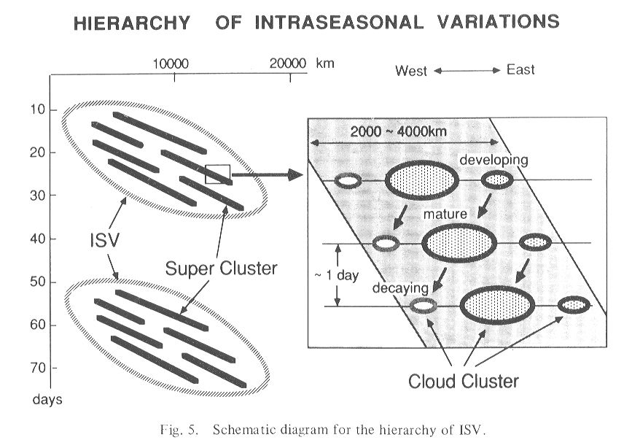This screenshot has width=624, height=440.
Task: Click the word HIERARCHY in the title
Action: [132, 23]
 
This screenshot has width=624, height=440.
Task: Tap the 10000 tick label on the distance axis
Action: [171, 63]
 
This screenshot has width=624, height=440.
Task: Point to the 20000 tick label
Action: [288, 63]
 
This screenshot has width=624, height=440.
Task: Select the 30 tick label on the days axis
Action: [37, 195]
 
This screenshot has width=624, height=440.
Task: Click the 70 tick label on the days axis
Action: [38, 368]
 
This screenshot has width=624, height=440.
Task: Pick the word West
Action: [411, 71]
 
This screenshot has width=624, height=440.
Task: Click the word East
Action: [520, 69]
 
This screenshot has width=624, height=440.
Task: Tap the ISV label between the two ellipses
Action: [105, 240]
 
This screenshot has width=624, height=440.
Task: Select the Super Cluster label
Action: [222, 269]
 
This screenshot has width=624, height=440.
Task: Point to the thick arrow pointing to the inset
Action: [268, 174]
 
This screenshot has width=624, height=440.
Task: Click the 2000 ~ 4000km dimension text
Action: [398, 131]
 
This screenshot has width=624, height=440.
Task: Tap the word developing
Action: [494, 160]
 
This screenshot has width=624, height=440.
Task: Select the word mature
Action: [445, 215]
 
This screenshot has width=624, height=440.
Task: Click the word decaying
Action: [400, 288]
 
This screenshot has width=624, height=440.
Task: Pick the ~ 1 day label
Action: [337, 275]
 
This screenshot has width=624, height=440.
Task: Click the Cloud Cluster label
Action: [464, 381]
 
